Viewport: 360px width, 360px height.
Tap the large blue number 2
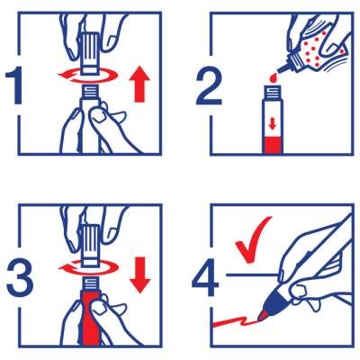[x=209, y=86]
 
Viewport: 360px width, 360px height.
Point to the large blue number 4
[x=205, y=278]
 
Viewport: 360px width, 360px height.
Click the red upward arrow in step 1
[x=139, y=85]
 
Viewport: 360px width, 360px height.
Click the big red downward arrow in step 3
[x=140, y=276]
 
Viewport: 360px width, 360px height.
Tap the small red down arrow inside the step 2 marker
[x=273, y=124]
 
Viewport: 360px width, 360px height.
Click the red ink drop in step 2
[x=273, y=78]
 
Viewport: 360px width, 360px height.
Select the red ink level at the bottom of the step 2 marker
[x=273, y=145]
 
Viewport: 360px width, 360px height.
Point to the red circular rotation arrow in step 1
[x=85, y=76]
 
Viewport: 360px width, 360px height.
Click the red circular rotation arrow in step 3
[x=86, y=267]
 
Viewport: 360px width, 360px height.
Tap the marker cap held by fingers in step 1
[x=90, y=53]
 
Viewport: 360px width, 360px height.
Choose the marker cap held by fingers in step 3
[x=90, y=245]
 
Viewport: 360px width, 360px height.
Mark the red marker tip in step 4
[x=263, y=316]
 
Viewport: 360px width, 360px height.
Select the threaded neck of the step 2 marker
[x=273, y=92]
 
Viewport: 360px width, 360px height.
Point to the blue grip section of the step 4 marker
[x=277, y=300]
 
